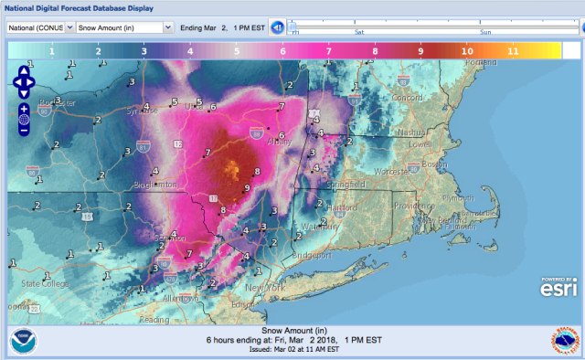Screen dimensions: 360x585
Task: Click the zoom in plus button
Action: (24, 108)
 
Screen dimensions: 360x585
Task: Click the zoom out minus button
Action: (24, 130)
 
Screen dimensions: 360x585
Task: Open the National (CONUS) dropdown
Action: (41, 27)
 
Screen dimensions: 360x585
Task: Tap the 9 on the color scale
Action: (420, 52)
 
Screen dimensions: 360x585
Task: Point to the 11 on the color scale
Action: (513, 52)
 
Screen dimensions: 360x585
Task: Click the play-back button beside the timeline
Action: (277, 27)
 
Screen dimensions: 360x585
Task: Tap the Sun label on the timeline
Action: (484, 31)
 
